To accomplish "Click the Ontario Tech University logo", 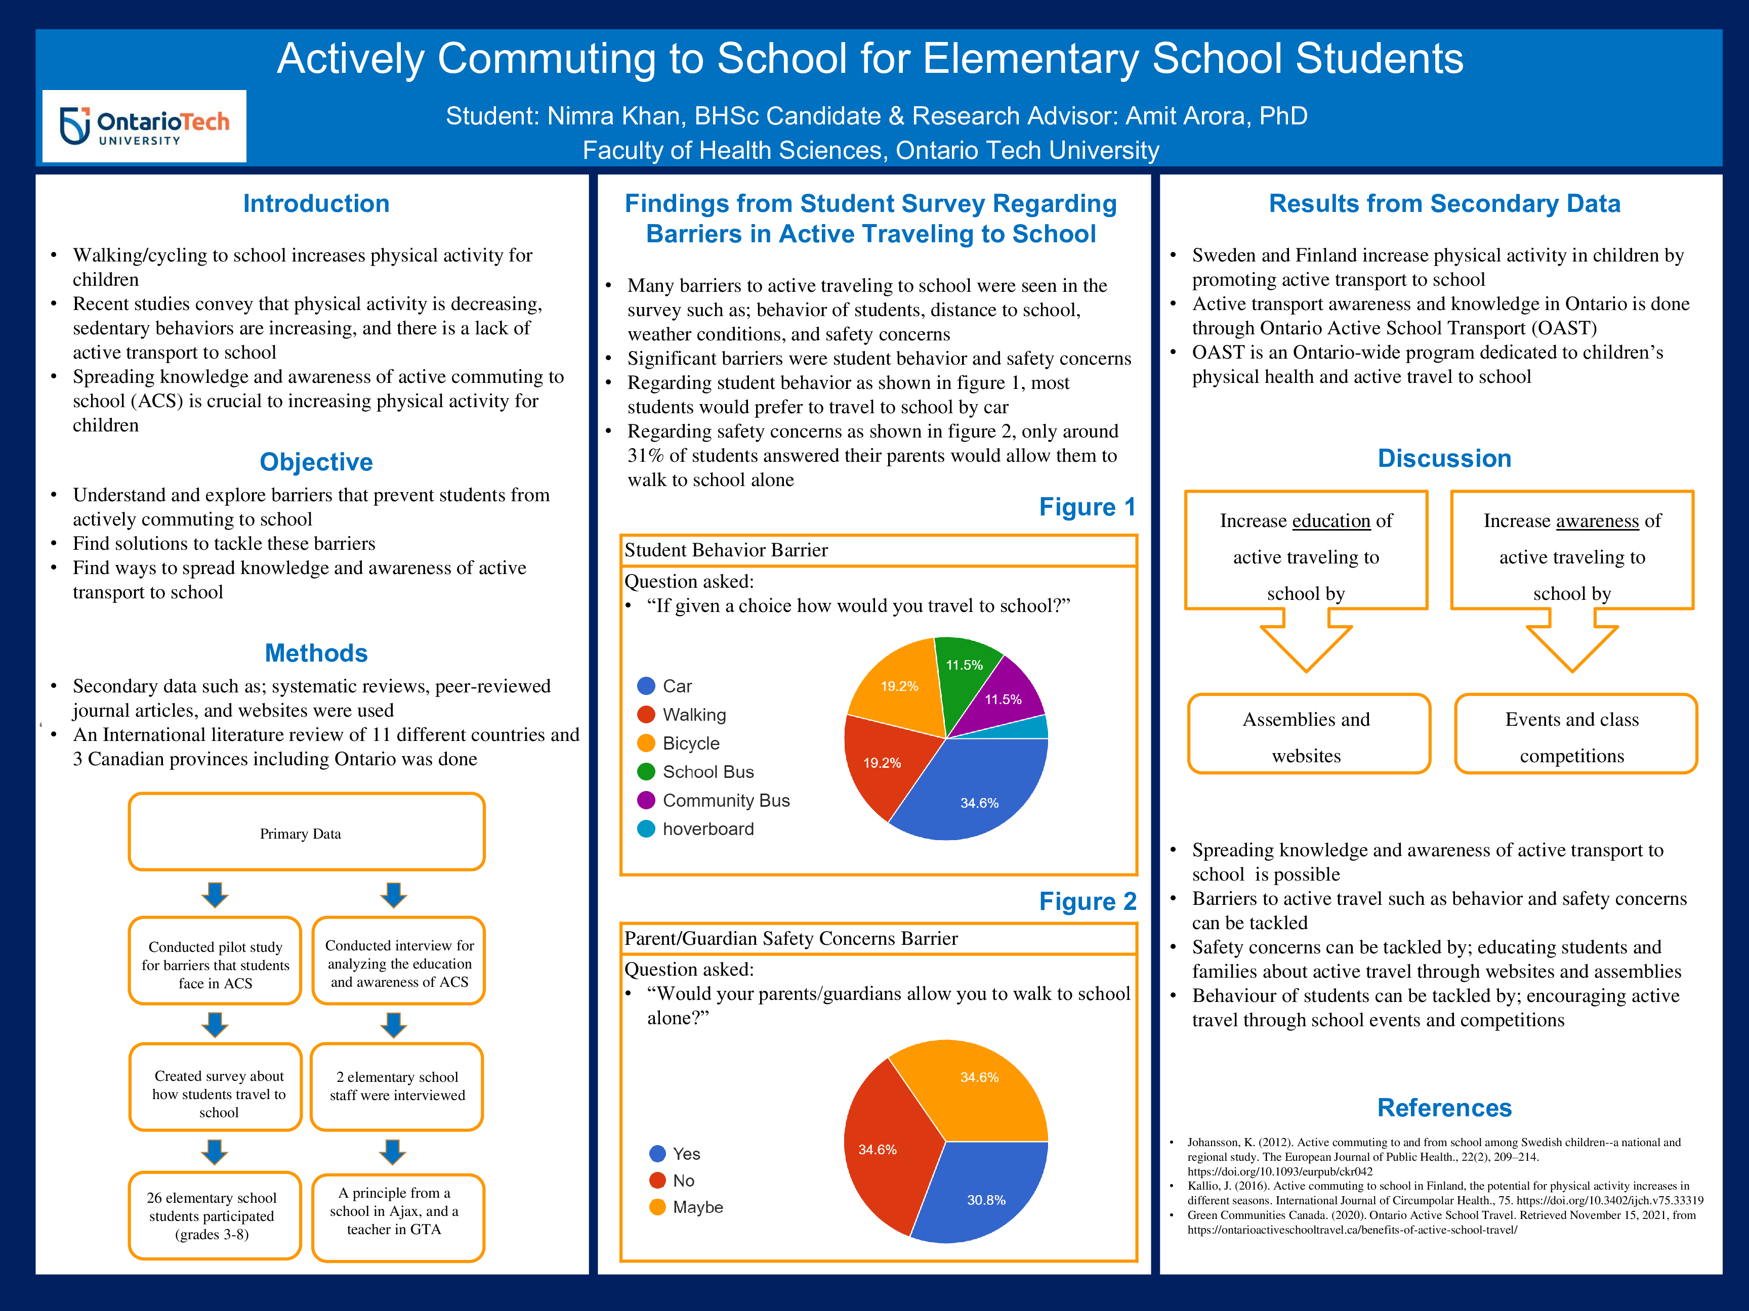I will pyautogui.click(x=145, y=126).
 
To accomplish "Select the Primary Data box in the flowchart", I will pyautogui.click(x=306, y=833).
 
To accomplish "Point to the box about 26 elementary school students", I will pyautogui.click(x=214, y=1215).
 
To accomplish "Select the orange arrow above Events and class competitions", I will pyautogui.click(x=1572, y=642).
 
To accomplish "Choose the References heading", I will pyautogui.click(x=1444, y=1108).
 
